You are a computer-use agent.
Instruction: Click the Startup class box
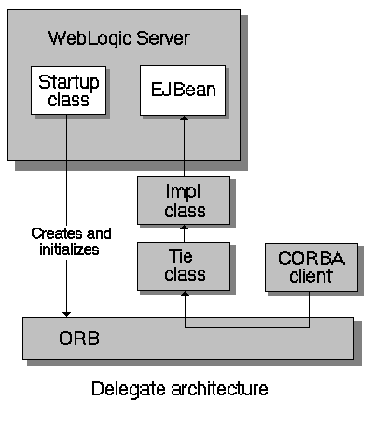[x=67, y=90]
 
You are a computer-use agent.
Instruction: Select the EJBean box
[x=183, y=90]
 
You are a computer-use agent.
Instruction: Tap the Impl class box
[x=184, y=201]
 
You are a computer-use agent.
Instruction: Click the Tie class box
[x=184, y=266]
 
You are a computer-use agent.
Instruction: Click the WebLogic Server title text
[x=118, y=38]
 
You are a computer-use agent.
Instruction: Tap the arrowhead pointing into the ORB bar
[x=67, y=312]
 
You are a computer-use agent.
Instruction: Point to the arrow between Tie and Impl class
[x=184, y=233]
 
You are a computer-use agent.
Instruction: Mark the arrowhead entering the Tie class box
[x=184, y=295]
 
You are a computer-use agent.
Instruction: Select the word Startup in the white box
[x=67, y=81]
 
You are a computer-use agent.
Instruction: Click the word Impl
[x=184, y=191]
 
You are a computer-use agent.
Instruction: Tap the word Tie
[x=184, y=256]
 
